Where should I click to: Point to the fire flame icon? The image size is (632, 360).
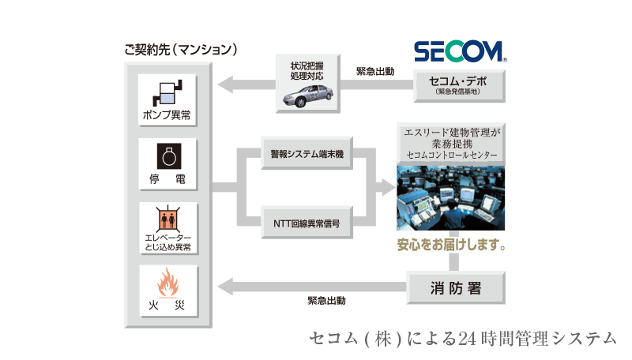click(167, 282)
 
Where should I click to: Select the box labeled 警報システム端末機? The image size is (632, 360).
click(307, 155)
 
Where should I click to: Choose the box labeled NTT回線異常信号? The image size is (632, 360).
click(307, 223)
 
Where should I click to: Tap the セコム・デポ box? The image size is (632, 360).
click(458, 85)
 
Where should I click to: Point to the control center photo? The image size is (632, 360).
click(450, 197)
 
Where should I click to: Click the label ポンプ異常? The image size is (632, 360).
click(167, 115)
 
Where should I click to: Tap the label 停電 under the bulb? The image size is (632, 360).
click(167, 179)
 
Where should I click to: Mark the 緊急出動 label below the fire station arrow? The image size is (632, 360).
click(326, 300)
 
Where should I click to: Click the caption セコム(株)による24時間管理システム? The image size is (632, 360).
click(463, 338)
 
